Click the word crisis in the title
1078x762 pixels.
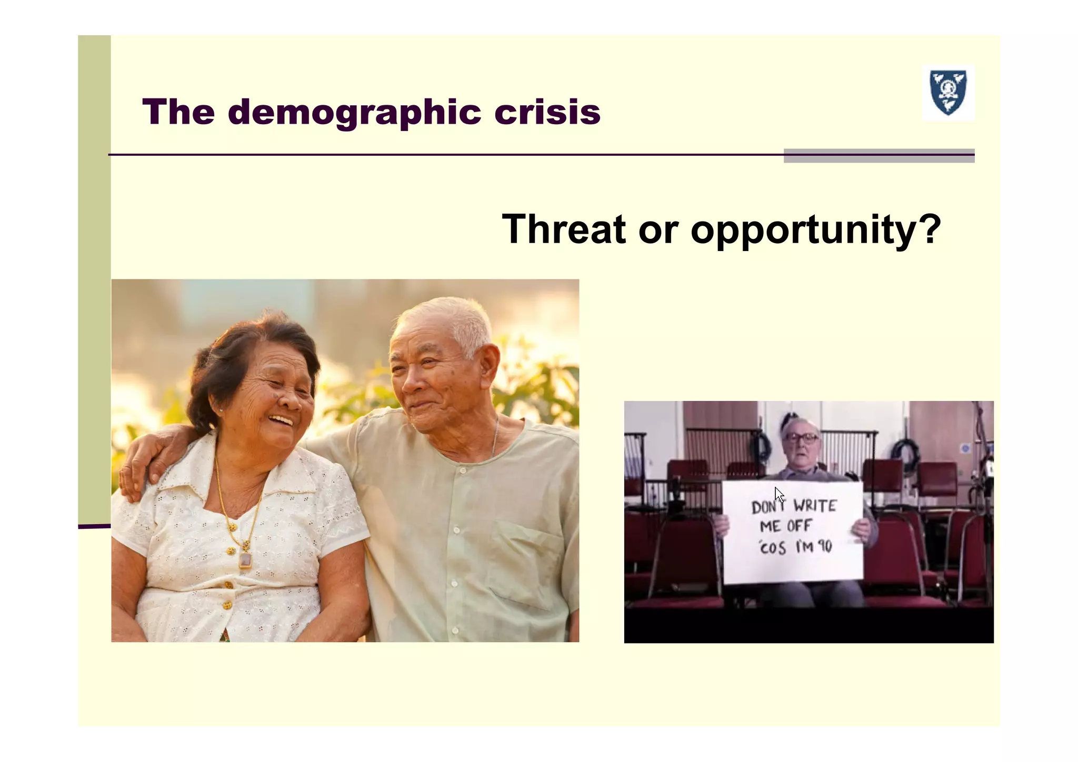click(x=547, y=112)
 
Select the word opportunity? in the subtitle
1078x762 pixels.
click(x=815, y=230)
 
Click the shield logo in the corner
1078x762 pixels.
click(x=947, y=93)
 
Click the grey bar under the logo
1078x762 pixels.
click(x=879, y=156)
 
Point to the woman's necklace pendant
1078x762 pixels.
click(x=245, y=559)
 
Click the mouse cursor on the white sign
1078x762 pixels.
click(x=779, y=495)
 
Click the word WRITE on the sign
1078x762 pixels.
click(x=815, y=506)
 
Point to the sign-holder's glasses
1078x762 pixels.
click(x=801, y=437)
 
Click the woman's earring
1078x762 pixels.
click(x=221, y=409)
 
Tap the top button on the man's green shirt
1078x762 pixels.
click(x=463, y=470)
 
